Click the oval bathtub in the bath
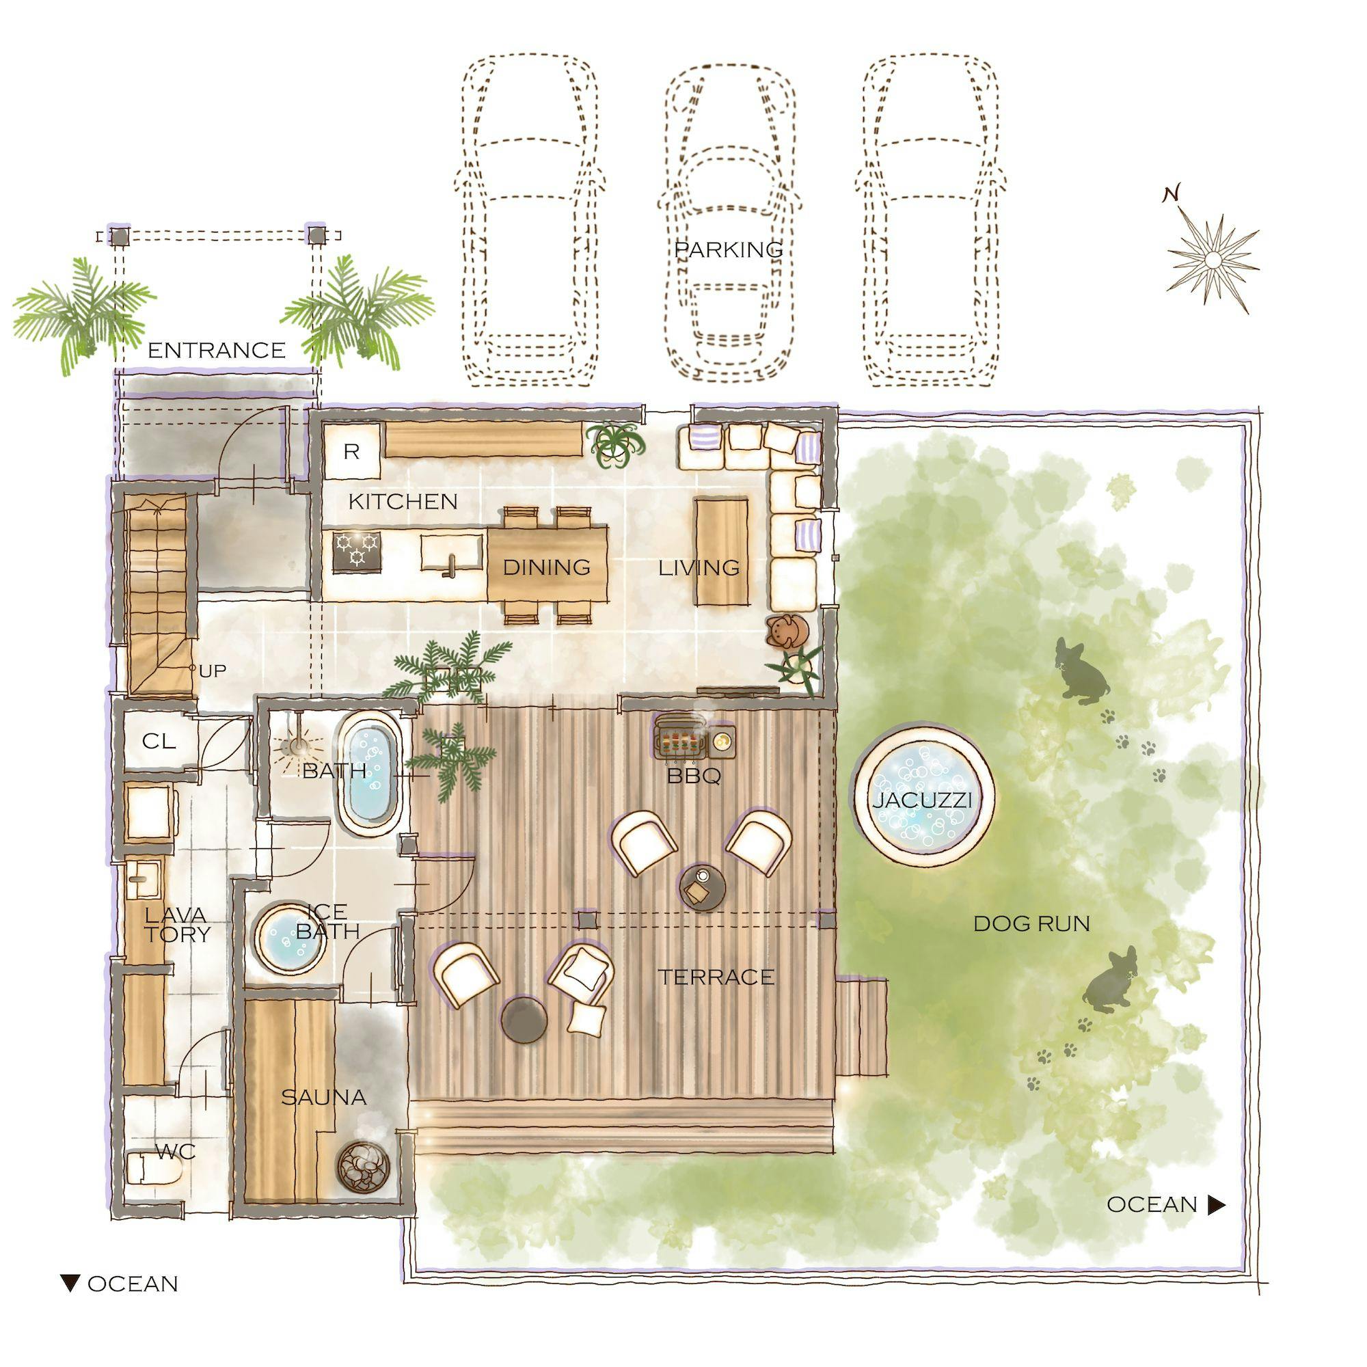coord(368,774)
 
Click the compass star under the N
coord(1213,260)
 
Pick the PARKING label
coord(729,249)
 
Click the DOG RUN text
coord(1031,923)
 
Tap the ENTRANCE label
coord(217,350)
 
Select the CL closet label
coord(159,741)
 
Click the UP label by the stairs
coord(213,671)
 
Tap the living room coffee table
coord(722,551)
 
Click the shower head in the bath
coord(299,746)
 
